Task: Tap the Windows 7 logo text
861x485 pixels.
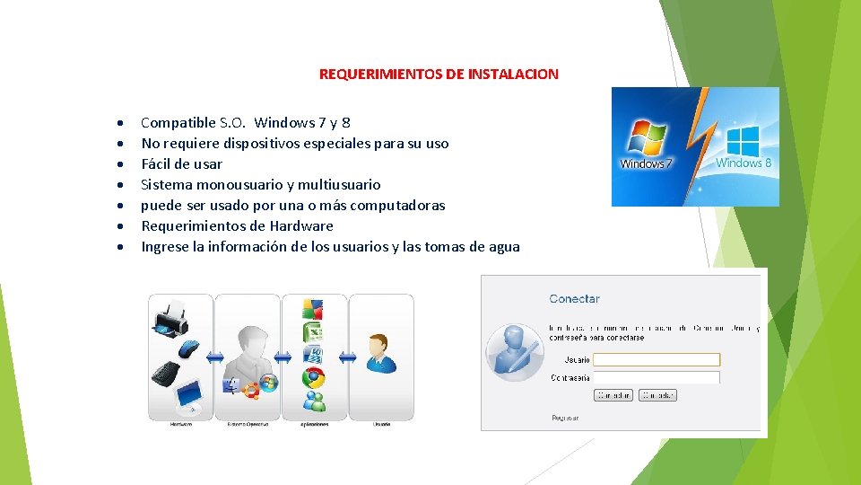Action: (642, 164)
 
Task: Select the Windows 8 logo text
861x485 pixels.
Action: (744, 163)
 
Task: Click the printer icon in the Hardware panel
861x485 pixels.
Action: (172, 317)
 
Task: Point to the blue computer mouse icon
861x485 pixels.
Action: (189, 348)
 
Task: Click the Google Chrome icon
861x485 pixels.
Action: (313, 377)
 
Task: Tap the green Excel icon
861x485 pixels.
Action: (313, 332)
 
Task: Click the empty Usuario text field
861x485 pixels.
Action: (657, 359)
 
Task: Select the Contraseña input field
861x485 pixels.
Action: (657, 378)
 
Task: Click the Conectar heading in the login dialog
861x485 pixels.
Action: (574, 299)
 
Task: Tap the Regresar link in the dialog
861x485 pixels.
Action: (565, 418)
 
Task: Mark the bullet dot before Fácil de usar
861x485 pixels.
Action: (119, 164)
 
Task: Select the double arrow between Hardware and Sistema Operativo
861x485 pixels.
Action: (215, 357)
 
